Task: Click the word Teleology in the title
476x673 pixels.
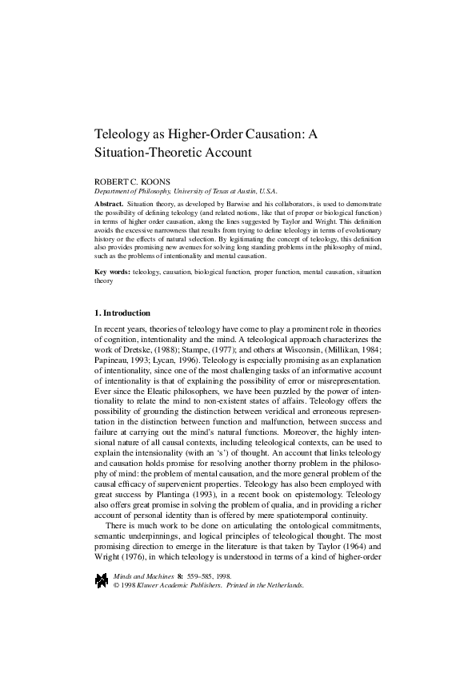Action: coord(127,133)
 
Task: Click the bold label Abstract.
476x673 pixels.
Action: coord(109,204)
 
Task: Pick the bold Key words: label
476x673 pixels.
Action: coord(113,273)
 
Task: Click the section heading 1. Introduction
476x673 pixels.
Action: coord(122,313)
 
